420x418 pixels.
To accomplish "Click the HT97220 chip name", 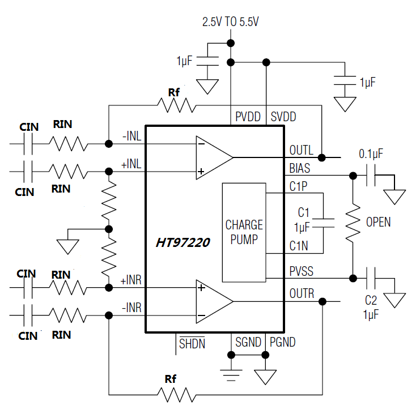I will [183, 243].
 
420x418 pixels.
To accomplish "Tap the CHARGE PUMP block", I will [244, 232].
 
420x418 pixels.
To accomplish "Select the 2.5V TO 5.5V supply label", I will [231, 22].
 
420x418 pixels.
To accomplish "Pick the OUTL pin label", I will [301, 151].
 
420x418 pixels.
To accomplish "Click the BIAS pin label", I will [300, 169].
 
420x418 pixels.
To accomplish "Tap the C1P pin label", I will [298, 186].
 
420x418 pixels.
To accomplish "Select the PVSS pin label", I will [301, 271].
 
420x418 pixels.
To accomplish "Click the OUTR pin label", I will [302, 294].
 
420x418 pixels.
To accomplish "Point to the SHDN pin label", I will [192, 343].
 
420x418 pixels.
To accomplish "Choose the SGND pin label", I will [248, 342].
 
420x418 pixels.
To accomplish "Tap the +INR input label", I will [131, 280].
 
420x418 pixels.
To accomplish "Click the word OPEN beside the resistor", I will [378, 222].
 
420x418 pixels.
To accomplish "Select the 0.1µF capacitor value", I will [371, 153].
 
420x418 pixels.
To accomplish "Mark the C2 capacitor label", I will [371, 300].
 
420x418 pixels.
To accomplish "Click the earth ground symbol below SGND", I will [231, 376].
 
